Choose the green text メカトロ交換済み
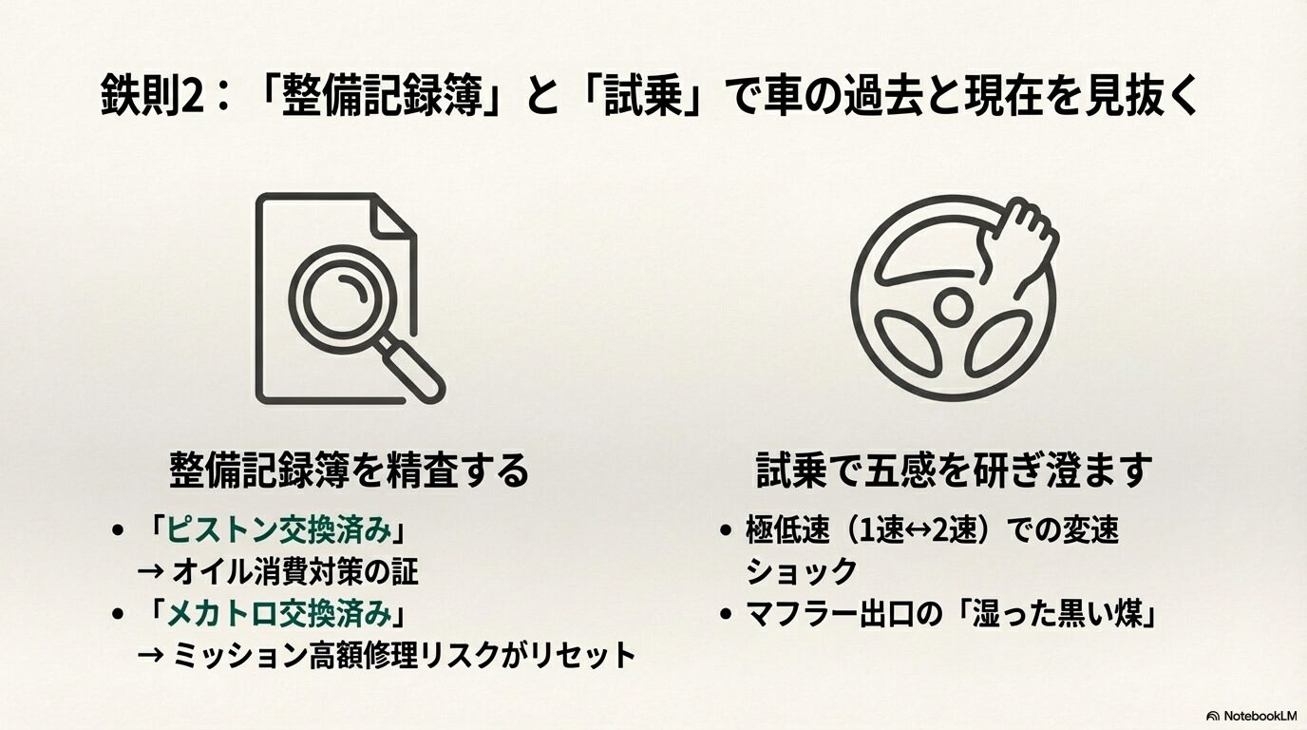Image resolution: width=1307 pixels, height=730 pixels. (279, 614)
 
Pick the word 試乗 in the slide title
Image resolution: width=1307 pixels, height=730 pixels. (645, 97)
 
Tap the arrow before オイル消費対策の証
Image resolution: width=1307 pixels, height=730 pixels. (150, 572)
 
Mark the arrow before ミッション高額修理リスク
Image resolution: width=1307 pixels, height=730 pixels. (150, 656)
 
